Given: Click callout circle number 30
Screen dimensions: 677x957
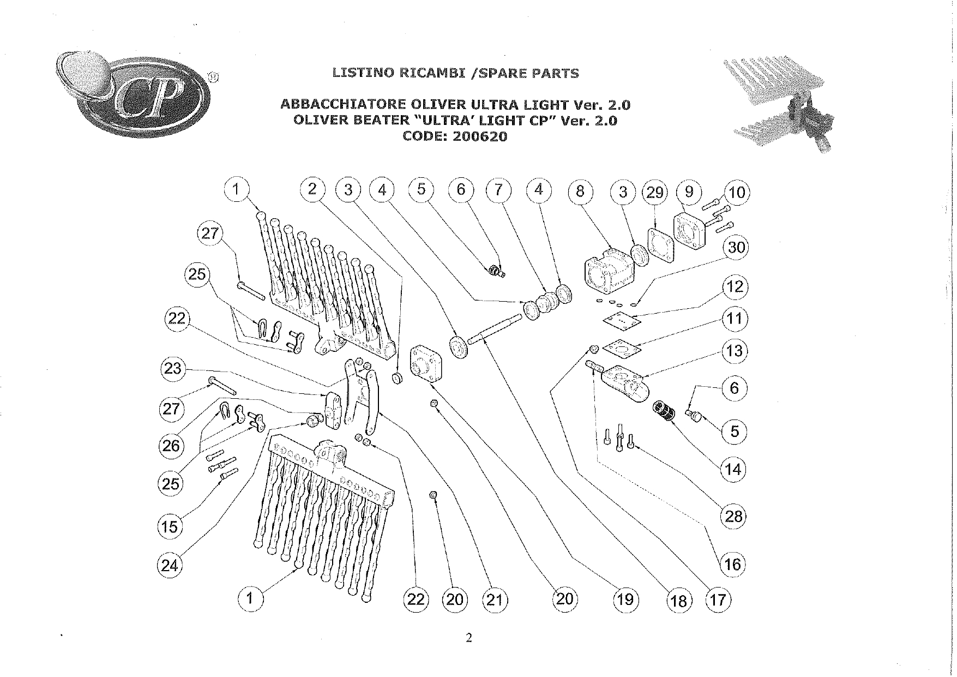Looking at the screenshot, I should point(736,248).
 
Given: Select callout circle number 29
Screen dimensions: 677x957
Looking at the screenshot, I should point(655,192).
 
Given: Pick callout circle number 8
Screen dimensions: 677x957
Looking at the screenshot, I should point(580,191).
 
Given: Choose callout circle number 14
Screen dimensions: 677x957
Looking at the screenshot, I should point(733,469).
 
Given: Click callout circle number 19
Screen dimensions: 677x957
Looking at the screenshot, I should point(625,600).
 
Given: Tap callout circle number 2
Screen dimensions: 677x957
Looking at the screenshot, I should point(312,189).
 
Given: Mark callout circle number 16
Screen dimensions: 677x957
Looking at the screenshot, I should point(733,564).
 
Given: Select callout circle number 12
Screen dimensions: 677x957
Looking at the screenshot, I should point(735,286).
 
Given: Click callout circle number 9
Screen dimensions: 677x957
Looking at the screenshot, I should point(689,192).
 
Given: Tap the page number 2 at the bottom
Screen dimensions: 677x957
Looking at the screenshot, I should point(468,638).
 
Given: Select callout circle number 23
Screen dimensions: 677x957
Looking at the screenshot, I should point(172,368).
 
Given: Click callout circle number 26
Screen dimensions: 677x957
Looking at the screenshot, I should point(171,446).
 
